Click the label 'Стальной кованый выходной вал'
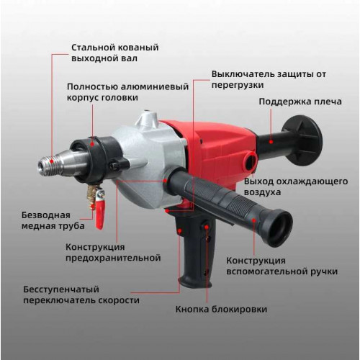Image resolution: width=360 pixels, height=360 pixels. coord(115,53)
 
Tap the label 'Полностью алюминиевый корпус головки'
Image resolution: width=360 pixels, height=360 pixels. coord(127,92)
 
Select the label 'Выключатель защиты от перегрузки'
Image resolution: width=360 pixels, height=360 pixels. coord(269,79)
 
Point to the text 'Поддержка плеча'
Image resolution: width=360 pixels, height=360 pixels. coord(300,102)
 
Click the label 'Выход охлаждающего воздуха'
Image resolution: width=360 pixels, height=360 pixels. coord(296,186)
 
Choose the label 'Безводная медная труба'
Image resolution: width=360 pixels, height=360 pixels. coord(53,220)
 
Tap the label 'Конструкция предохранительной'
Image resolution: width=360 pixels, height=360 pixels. coord(113,253)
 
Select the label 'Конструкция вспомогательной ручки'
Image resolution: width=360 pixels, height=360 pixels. coord(282,266)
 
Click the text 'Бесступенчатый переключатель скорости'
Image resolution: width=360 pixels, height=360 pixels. coord(81,295)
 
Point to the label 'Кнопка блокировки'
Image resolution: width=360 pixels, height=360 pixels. coord(221,309)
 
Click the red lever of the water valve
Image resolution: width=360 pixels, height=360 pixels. coord(100,215)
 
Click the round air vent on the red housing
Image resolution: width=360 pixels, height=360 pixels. coord(251,162)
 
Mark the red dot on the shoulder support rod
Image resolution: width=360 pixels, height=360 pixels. coord(271,142)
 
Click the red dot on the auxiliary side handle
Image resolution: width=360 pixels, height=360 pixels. coord(253,220)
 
